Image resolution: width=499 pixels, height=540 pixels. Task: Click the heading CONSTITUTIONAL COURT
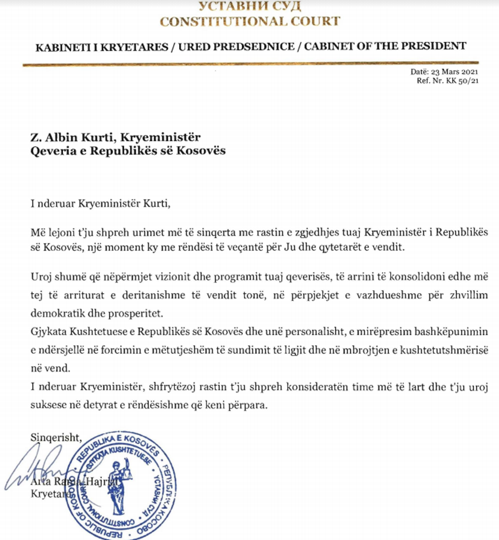coord(249,21)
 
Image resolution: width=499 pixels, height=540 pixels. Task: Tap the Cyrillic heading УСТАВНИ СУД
coord(249,6)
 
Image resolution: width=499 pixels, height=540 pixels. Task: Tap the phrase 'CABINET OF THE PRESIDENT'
coord(386,46)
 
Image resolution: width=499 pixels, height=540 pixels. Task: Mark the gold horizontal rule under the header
coord(249,64)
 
